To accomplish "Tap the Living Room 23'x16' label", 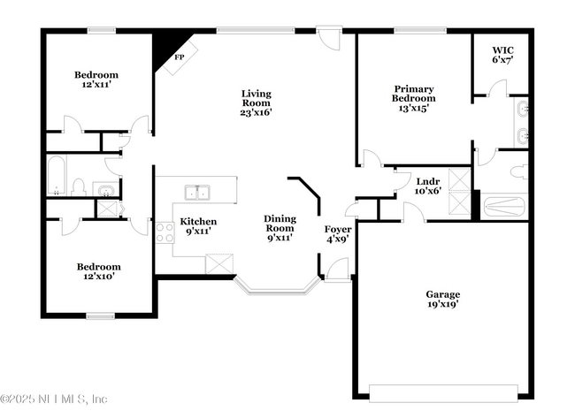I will click(x=257, y=103).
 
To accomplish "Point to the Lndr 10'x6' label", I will click(x=428, y=186).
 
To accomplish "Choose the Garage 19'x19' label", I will click(x=442, y=299).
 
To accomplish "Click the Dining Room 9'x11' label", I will click(x=280, y=227).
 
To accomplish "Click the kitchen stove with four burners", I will click(x=165, y=233).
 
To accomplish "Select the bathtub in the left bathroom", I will click(x=57, y=176).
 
